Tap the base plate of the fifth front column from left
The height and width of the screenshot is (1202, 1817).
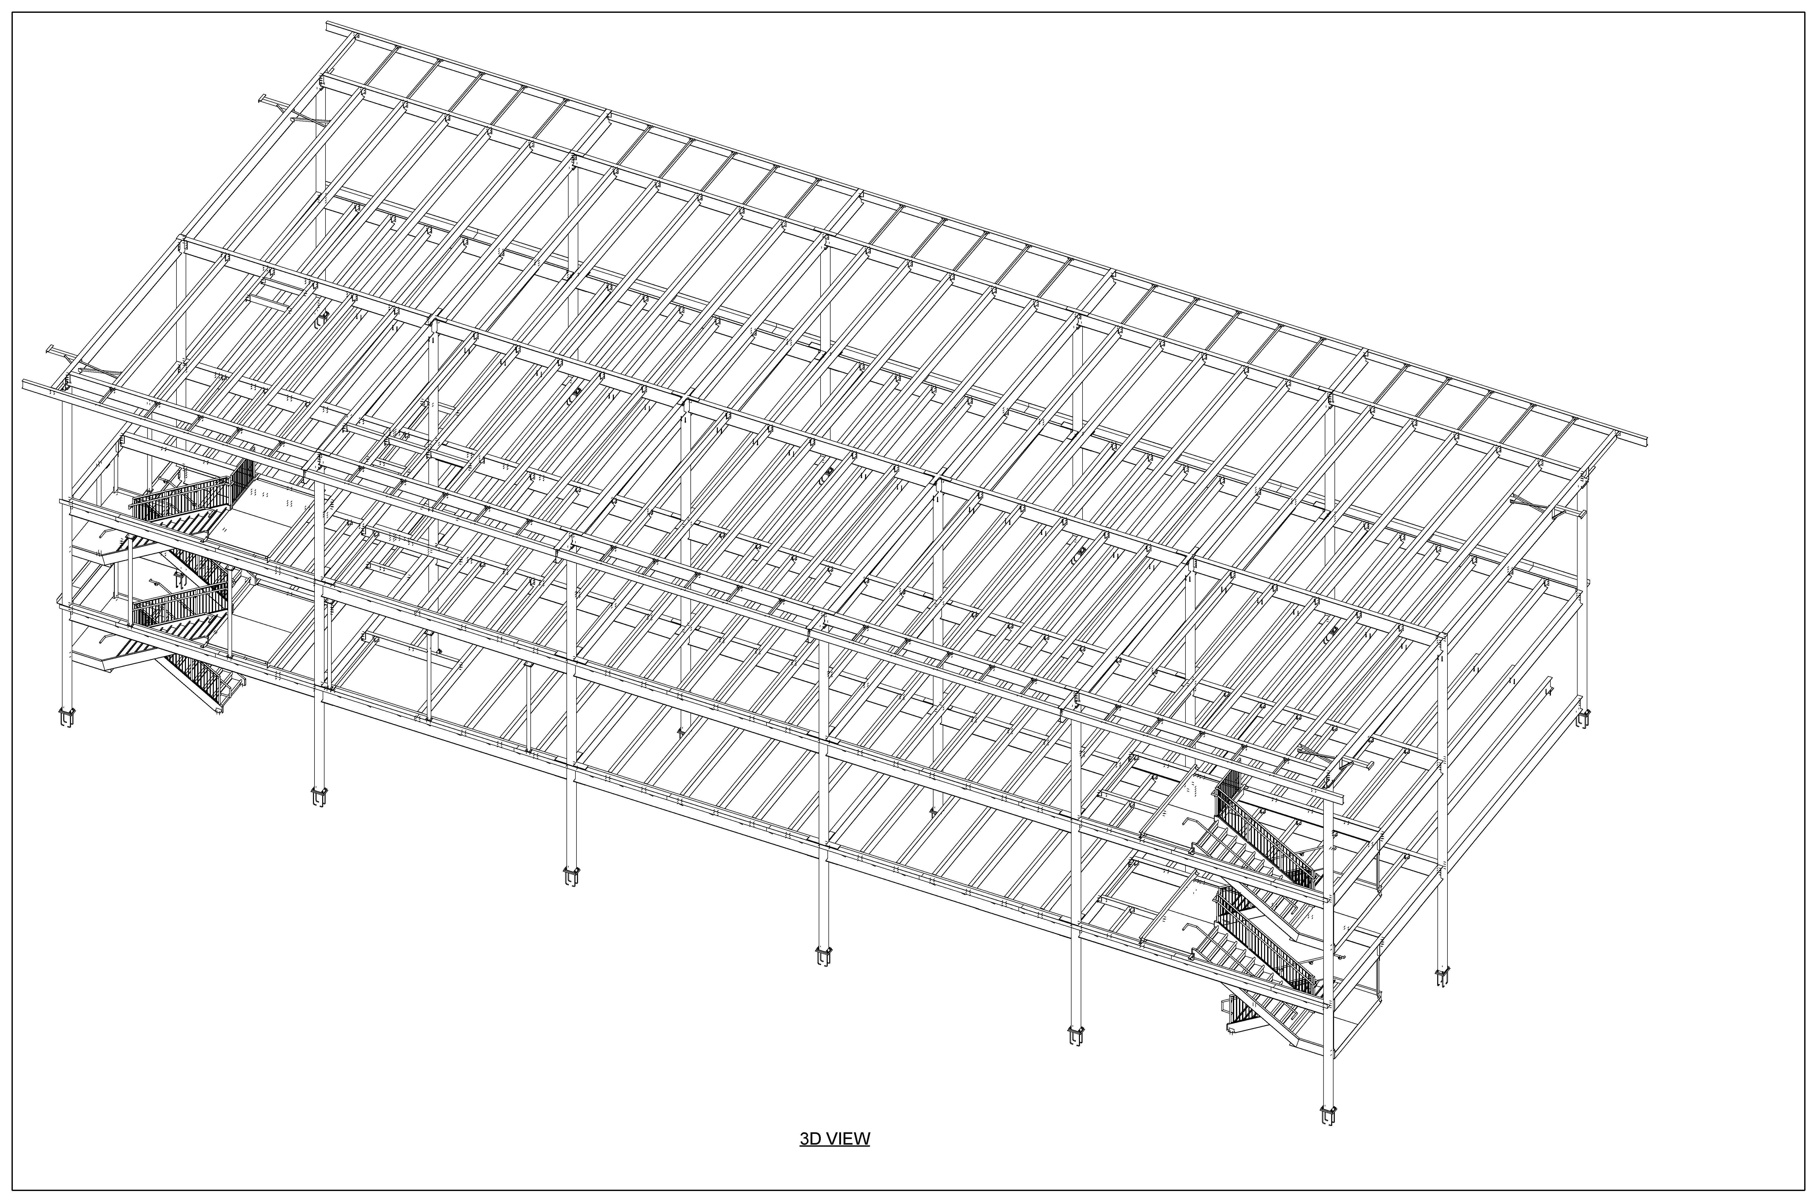click(x=1076, y=1035)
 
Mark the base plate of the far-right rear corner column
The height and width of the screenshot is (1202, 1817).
click(x=1583, y=718)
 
